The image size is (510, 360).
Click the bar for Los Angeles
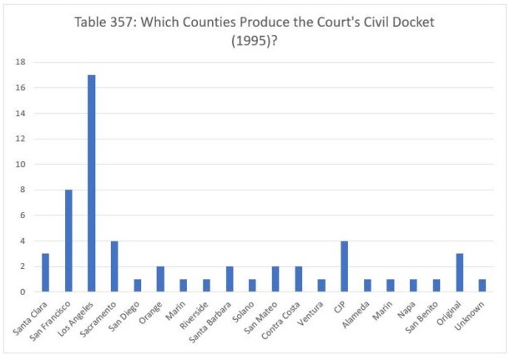click(91, 184)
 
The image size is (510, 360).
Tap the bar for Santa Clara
click(46, 273)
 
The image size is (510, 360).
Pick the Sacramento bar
click(114, 266)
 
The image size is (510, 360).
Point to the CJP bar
click(345, 266)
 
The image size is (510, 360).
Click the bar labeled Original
click(459, 273)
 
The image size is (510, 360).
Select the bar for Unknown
click(482, 286)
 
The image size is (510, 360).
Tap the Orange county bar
click(160, 280)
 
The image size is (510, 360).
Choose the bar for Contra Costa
click(298, 280)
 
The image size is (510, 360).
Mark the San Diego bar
click(138, 286)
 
